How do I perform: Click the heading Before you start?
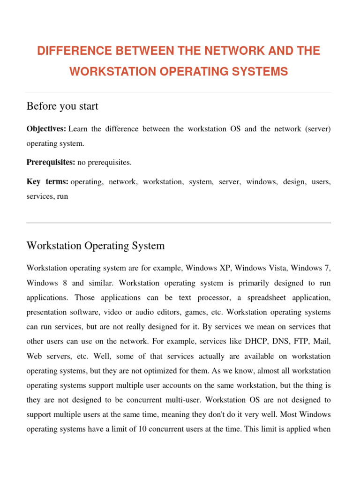tap(62, 106)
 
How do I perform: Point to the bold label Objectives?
tap(46, 129)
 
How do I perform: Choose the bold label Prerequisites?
tap(51, 163)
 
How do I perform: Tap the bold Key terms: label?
tap(47, 182)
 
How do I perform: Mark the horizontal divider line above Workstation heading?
tap(179, 223)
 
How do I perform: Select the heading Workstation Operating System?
tap(96, 246)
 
